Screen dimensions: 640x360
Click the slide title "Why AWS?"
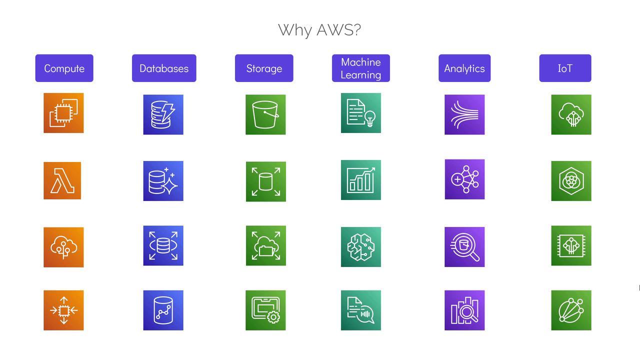319,30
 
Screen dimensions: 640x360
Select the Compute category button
64,68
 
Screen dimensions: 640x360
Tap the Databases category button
164,68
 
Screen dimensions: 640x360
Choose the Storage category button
264,68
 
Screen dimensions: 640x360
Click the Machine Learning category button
361,68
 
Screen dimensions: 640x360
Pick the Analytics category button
464,68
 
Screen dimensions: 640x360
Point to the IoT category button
565,68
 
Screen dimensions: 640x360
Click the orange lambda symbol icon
62,180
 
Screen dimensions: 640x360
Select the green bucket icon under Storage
265,114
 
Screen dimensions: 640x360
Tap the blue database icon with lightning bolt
163,114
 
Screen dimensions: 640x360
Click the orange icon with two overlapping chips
63,113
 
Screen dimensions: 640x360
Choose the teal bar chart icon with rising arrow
361,180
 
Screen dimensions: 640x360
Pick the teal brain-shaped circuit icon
361,247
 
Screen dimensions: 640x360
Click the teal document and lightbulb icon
361,113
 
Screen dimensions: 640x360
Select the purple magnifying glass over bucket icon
464,247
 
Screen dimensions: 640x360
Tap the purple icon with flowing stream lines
464,114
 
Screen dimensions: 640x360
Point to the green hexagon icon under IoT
571,181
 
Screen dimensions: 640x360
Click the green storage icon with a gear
265,310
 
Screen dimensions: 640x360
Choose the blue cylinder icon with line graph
163,310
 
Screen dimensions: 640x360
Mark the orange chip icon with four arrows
63,310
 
